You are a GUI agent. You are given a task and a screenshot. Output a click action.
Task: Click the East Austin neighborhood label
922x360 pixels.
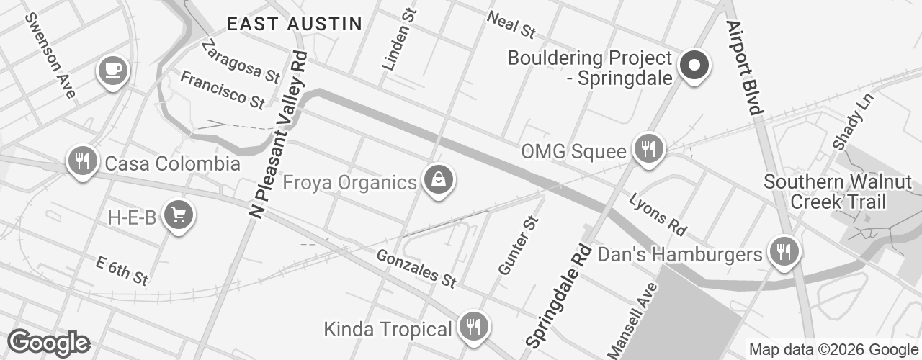click(295, 24)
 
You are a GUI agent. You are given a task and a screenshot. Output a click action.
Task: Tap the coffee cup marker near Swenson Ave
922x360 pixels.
click(112, 71)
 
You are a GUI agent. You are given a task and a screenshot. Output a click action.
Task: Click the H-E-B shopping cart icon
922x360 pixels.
click(177, 215)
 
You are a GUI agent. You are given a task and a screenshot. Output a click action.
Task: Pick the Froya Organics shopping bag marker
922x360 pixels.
click(437, 180)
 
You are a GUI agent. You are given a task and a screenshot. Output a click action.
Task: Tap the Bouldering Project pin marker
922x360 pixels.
click(694, 66)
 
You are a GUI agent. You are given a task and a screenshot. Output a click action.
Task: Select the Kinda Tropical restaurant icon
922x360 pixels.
click(473, 328)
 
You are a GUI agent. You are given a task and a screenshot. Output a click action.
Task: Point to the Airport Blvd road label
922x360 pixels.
click(744, 68)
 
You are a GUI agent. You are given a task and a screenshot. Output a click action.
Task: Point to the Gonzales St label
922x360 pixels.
click(416, 269)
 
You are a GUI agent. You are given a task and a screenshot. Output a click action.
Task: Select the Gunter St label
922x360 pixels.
click(519, 246)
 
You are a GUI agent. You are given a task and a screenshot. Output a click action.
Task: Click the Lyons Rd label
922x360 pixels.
click(658, 215)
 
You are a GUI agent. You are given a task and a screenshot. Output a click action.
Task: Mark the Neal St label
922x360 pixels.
click(512, 25)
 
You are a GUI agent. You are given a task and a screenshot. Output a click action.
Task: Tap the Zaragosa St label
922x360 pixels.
click(241, 61)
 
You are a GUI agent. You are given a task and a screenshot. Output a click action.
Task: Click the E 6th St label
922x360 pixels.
click(122, 271)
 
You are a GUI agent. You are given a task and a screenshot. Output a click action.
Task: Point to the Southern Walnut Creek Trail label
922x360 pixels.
click(838, 192)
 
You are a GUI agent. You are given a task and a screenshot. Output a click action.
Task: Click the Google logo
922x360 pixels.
click(48, 343)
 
